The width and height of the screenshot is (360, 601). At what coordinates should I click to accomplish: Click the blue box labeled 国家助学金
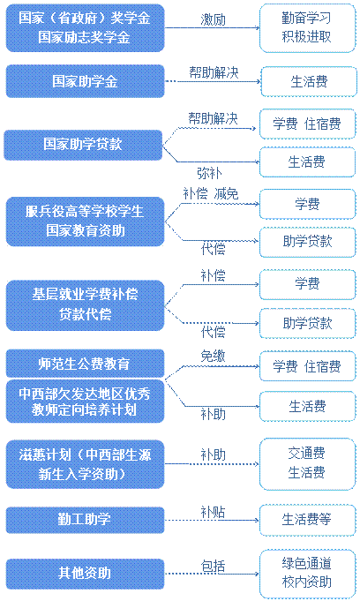click(85, 81)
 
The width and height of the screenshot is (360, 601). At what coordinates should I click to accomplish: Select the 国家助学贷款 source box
click(83, 145)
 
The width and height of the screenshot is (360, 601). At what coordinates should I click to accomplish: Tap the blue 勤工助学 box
click(85, 520)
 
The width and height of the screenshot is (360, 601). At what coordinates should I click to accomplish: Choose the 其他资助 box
click(85, 574)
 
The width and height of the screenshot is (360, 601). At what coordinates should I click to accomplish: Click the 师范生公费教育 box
click(85, 364)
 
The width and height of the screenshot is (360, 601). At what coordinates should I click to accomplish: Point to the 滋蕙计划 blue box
click(85, 464)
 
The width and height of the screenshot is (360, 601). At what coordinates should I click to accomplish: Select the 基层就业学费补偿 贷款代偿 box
click(85, 305)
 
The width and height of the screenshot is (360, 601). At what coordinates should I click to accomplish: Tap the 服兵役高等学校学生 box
click(85, 222)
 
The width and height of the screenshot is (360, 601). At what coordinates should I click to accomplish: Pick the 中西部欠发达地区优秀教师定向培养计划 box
click(85, 402)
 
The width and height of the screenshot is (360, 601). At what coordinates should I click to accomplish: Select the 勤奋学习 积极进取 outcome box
click(307, 27)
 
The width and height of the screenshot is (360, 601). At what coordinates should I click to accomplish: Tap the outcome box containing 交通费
click(307, 464)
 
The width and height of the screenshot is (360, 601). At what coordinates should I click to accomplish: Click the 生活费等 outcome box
click(307, 520)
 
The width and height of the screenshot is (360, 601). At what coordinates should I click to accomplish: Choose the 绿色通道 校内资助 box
click(307, 573)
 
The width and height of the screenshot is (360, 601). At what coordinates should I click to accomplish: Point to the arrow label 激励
click(213, 20)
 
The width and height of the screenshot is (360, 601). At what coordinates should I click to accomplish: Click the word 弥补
click(209, 173)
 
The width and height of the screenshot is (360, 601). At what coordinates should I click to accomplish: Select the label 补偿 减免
click(211, 193)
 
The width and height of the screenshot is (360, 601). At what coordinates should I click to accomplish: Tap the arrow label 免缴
click(213, 356)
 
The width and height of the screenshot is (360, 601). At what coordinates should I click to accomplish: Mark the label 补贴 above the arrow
click(213, 512)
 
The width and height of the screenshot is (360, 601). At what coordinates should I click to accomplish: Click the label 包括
click(213, 566)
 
